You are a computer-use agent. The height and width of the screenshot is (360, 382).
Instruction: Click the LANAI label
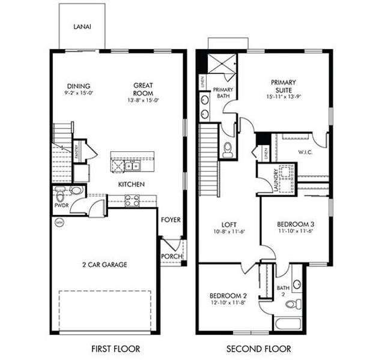click(82, 26)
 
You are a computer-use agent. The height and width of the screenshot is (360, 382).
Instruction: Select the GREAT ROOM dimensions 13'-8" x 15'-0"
click(142, 101)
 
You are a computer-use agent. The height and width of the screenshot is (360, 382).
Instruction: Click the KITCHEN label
click(130, 184)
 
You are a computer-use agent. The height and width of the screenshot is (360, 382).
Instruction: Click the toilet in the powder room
click(59, 196)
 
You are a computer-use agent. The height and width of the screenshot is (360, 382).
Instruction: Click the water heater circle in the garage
click(58, 223)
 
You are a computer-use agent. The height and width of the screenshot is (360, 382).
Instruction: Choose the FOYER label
click(171, 220)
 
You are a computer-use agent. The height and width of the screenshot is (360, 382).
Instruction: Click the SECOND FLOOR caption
click(259, 348)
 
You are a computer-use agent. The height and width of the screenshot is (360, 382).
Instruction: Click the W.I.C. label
click(305, 152)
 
